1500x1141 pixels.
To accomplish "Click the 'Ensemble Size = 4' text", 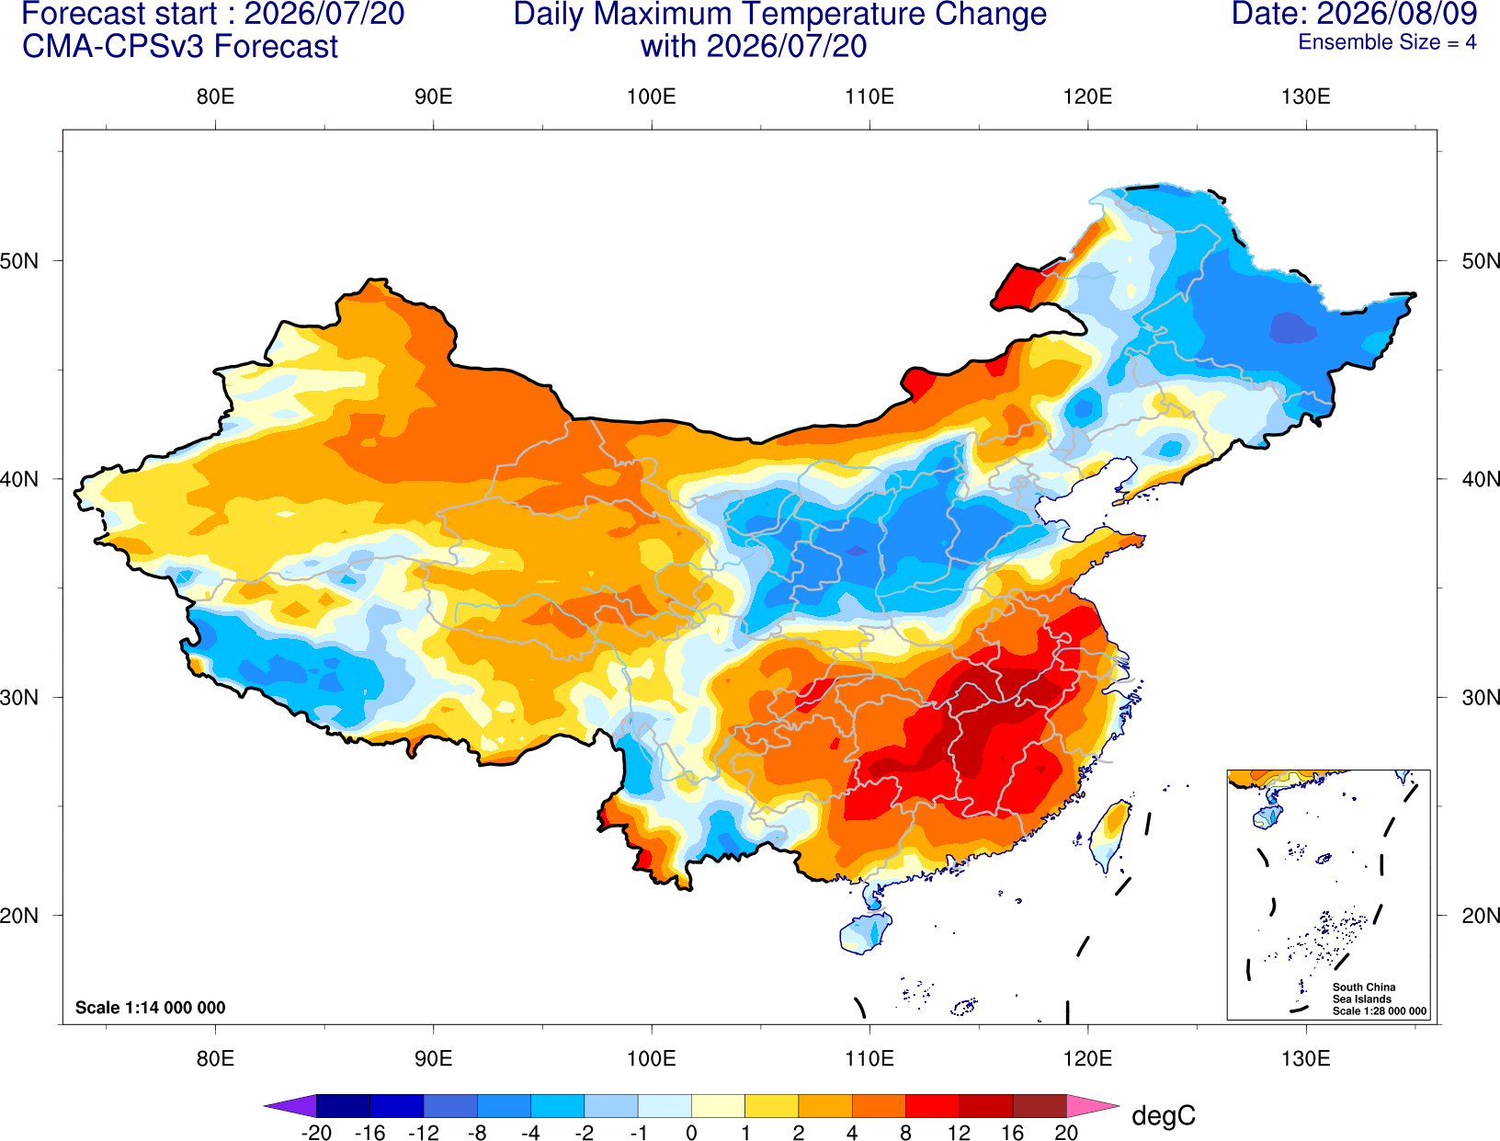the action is pos(1387,42).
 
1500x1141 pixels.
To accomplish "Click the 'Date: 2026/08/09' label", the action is pos(1354,14).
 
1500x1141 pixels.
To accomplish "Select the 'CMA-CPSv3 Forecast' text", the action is pos(180,47).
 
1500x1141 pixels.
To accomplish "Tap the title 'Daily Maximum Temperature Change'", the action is pos(779,15).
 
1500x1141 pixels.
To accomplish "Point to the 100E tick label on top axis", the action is pos(652,97).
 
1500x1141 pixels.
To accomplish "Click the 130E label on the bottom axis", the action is pos(1305,1059).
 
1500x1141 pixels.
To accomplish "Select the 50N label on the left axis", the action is pos(19,261).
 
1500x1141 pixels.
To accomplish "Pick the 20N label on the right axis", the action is pos(1480,916).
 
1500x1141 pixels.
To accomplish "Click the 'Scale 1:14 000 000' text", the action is pos(151,1008).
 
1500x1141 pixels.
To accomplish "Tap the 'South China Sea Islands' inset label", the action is pos(1364,993).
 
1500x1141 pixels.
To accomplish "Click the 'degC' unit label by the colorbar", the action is pos(1163,1115).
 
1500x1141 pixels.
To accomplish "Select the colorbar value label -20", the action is pos(316,1133).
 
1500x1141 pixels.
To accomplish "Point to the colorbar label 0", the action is pos(691,1133).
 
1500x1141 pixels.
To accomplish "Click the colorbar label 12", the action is pos(959,1133).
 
